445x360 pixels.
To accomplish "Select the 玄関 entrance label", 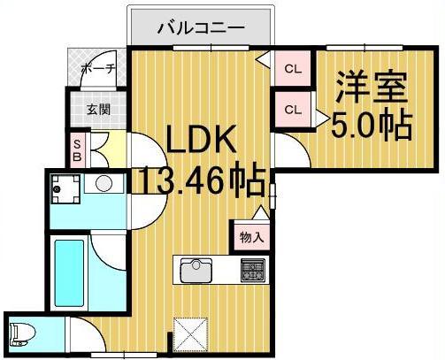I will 97,111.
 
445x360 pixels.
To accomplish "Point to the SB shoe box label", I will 77,149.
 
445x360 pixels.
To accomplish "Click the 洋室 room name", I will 371,89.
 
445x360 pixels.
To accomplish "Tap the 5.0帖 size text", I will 371,126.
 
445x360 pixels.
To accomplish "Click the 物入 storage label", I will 251,236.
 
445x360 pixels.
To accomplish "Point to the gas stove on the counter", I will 253,268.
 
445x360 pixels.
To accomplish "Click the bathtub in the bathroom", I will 69,270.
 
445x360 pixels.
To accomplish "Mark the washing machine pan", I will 63,188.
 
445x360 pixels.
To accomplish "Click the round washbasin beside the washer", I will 104,185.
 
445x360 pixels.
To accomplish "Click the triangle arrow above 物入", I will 259,213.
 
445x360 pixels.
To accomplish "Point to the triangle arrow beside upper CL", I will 262,60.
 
